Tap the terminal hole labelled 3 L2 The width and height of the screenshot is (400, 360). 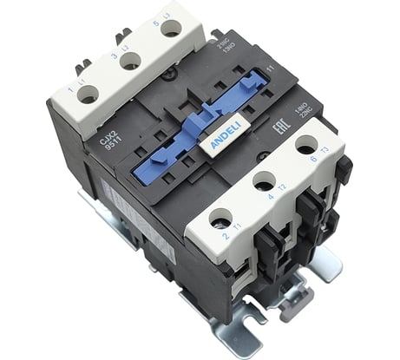[x=130, y=62]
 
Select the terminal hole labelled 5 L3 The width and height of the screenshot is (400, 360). [x=171, y=28]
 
